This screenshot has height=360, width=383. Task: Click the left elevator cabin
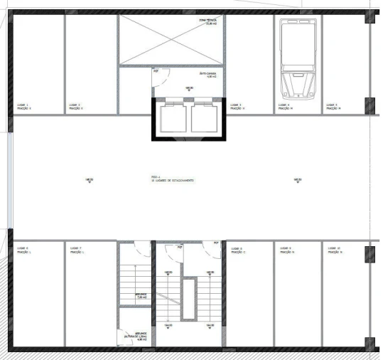[171, 117]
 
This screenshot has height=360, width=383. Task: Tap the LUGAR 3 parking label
[235, 107]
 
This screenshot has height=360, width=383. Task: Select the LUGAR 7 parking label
[75, 250]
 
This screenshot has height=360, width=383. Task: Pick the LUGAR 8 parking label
[238, 250]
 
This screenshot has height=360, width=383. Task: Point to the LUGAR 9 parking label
[287, 250]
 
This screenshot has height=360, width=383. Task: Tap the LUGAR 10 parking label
[334, 250]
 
